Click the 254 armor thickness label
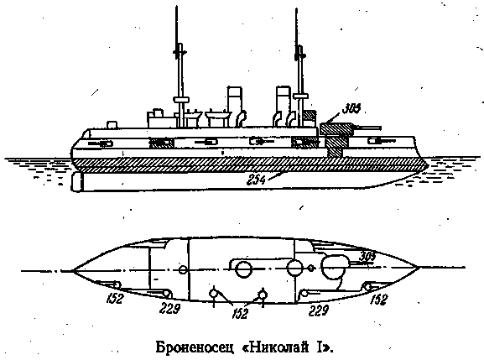[x=256, y=180]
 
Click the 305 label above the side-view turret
[x=351, y=109]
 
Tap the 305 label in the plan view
[x=367, y=257]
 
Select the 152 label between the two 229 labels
[x=240, y=313]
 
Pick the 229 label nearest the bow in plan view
[x=318, y=310]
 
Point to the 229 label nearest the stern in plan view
[x=169, y=308]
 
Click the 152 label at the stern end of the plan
[x=115, y=298]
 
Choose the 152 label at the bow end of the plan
[x=378, y=300]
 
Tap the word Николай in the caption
[x=278, y=347]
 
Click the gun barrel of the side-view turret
[x=367, y=128]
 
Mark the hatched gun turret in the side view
[x=336, y=129]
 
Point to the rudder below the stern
[x=77, y=182]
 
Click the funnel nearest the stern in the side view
[x=235, y=106]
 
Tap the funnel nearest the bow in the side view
[x=284, y=106]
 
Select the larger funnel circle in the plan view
[x=244, y=269]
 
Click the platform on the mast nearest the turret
[x=301, y=97]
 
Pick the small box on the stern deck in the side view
[x=112, y=125]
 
